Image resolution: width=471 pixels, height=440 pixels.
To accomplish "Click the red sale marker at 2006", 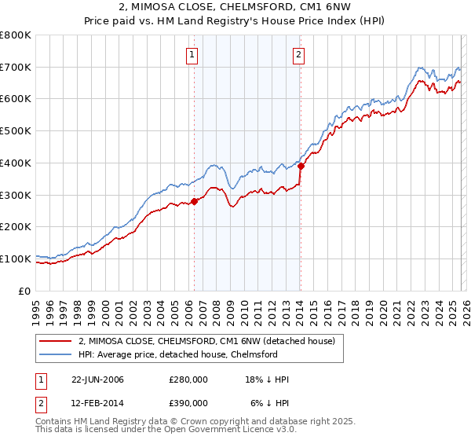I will tap(194, 201).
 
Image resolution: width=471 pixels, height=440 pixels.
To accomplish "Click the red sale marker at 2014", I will tap(300, 166).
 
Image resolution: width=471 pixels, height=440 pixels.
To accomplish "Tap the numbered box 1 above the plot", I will tap(192, 54).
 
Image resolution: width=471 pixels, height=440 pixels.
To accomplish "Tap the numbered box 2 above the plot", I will tap(299, 54).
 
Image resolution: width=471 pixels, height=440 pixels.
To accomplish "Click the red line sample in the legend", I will tap(56, 341).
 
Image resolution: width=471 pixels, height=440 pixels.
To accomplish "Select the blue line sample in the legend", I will tap(56, 354).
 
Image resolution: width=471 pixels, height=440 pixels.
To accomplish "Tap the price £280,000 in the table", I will tap(188, 379).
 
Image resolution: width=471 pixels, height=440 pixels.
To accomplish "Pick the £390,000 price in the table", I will tap(188, 403).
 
